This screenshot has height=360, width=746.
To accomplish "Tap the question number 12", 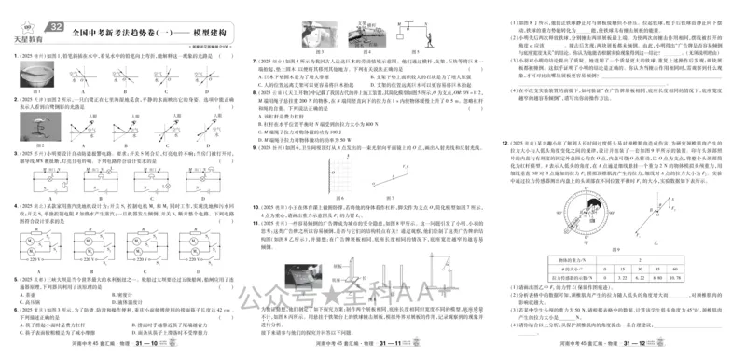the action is [507, 144].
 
